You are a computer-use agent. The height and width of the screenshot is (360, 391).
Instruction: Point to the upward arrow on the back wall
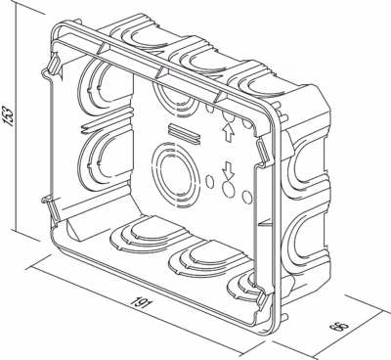coord(228,133)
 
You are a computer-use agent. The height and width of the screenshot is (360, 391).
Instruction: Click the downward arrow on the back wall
coord(228,170)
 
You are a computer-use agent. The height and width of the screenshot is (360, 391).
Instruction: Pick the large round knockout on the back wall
coord(176,175)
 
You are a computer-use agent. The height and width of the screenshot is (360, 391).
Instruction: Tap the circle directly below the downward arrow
coord(229,190)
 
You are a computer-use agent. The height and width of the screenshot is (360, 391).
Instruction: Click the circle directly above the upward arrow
coord(228,116)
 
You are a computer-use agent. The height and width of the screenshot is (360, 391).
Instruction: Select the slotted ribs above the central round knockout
coord(184,134)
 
